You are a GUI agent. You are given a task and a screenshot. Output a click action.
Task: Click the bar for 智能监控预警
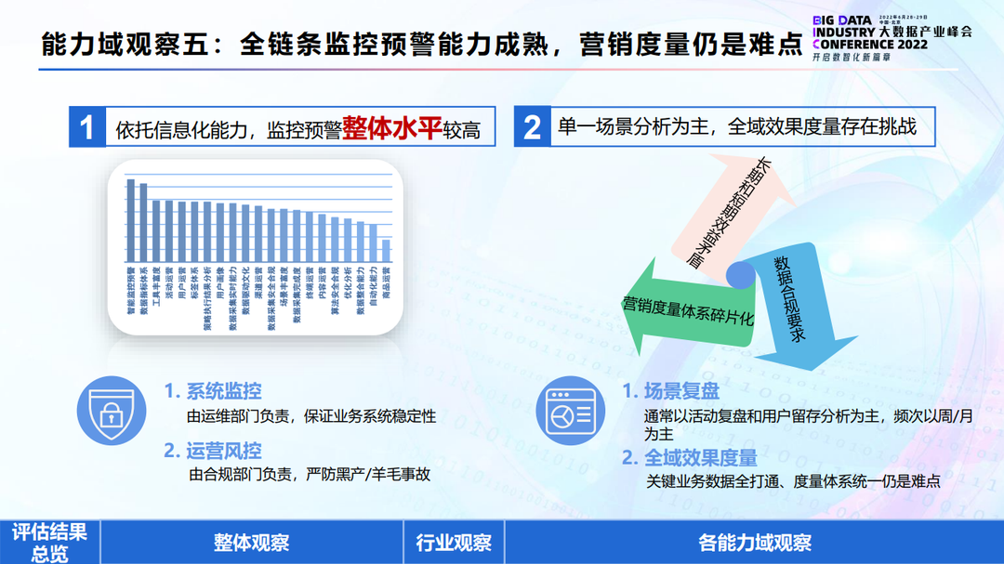[x=131, y=221]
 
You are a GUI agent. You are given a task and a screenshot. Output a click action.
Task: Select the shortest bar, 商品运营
[x=387, y=252]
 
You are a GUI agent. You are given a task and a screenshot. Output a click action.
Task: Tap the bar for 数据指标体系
[x=143, y=223]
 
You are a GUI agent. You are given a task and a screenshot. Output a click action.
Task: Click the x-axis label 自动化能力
[x=373, y=290]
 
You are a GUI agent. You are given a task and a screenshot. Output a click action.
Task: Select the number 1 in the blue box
[x=87, y=127]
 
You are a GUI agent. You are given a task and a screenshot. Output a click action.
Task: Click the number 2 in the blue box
[x=532, y=127]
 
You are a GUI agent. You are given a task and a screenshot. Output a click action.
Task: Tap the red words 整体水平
[x=391, y=127]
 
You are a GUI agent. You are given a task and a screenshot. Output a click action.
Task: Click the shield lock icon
[x=112, y=410]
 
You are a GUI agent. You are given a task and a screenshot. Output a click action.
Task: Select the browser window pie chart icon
[x=570, y=410]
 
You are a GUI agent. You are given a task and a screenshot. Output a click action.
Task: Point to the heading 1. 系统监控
[x=213, y=391]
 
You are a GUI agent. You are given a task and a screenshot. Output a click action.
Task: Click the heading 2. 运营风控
[x=213, y=451]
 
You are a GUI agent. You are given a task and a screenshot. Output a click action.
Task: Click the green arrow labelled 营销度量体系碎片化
[x=679, y=311]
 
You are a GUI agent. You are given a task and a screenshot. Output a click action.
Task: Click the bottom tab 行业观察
[x=455, y=543]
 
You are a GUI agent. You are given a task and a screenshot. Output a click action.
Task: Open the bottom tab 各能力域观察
[x=754, y=543]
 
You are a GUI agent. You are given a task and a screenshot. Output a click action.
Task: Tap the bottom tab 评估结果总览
[x=50, y=543]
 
